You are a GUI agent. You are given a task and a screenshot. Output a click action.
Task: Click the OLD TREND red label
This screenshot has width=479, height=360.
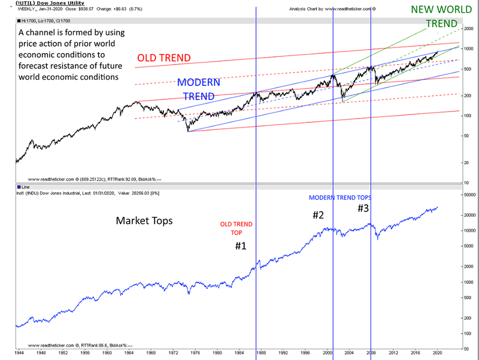tap(164, 58)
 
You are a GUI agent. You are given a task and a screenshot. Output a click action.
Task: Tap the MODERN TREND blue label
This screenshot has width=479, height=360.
tap(198, 89)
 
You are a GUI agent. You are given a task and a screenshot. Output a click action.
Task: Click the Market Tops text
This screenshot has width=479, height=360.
tap(144, 221)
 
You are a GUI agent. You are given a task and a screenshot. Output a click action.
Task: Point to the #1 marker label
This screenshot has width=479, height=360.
tap(239, 246)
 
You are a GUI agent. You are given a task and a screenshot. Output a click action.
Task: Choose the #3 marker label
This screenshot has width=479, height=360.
tap(363, 208)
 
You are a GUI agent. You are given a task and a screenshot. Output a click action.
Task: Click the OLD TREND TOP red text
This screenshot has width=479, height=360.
tap(237, 228)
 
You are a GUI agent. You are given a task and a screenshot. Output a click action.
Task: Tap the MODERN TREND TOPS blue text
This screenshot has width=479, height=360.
tap(340, 197)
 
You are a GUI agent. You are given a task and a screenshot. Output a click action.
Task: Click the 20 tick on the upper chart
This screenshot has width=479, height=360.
tap(465, 162)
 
